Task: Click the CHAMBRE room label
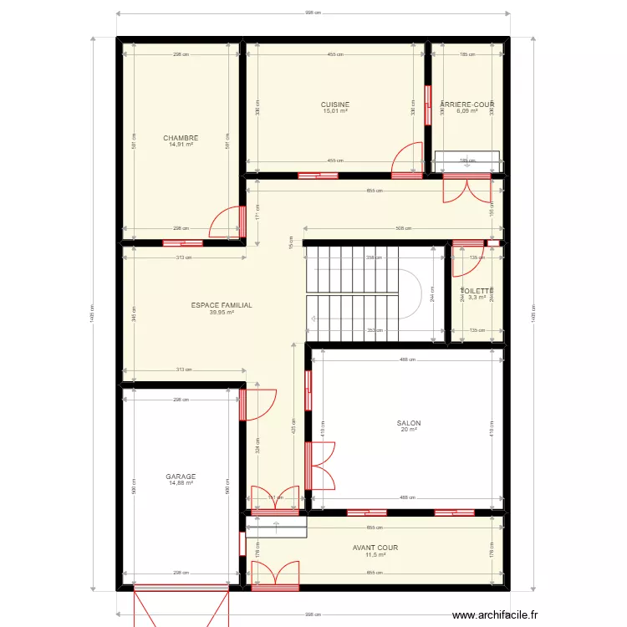181,138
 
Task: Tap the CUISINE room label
335,104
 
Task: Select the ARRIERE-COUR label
467,104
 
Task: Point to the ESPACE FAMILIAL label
222,305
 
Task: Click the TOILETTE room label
477,291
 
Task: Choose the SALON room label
409,423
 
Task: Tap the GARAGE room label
181,477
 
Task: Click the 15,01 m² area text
335,111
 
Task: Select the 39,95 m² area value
222,313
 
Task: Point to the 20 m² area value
409,430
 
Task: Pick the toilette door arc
463,261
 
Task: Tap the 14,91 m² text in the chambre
181,145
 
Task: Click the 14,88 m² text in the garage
181,483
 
